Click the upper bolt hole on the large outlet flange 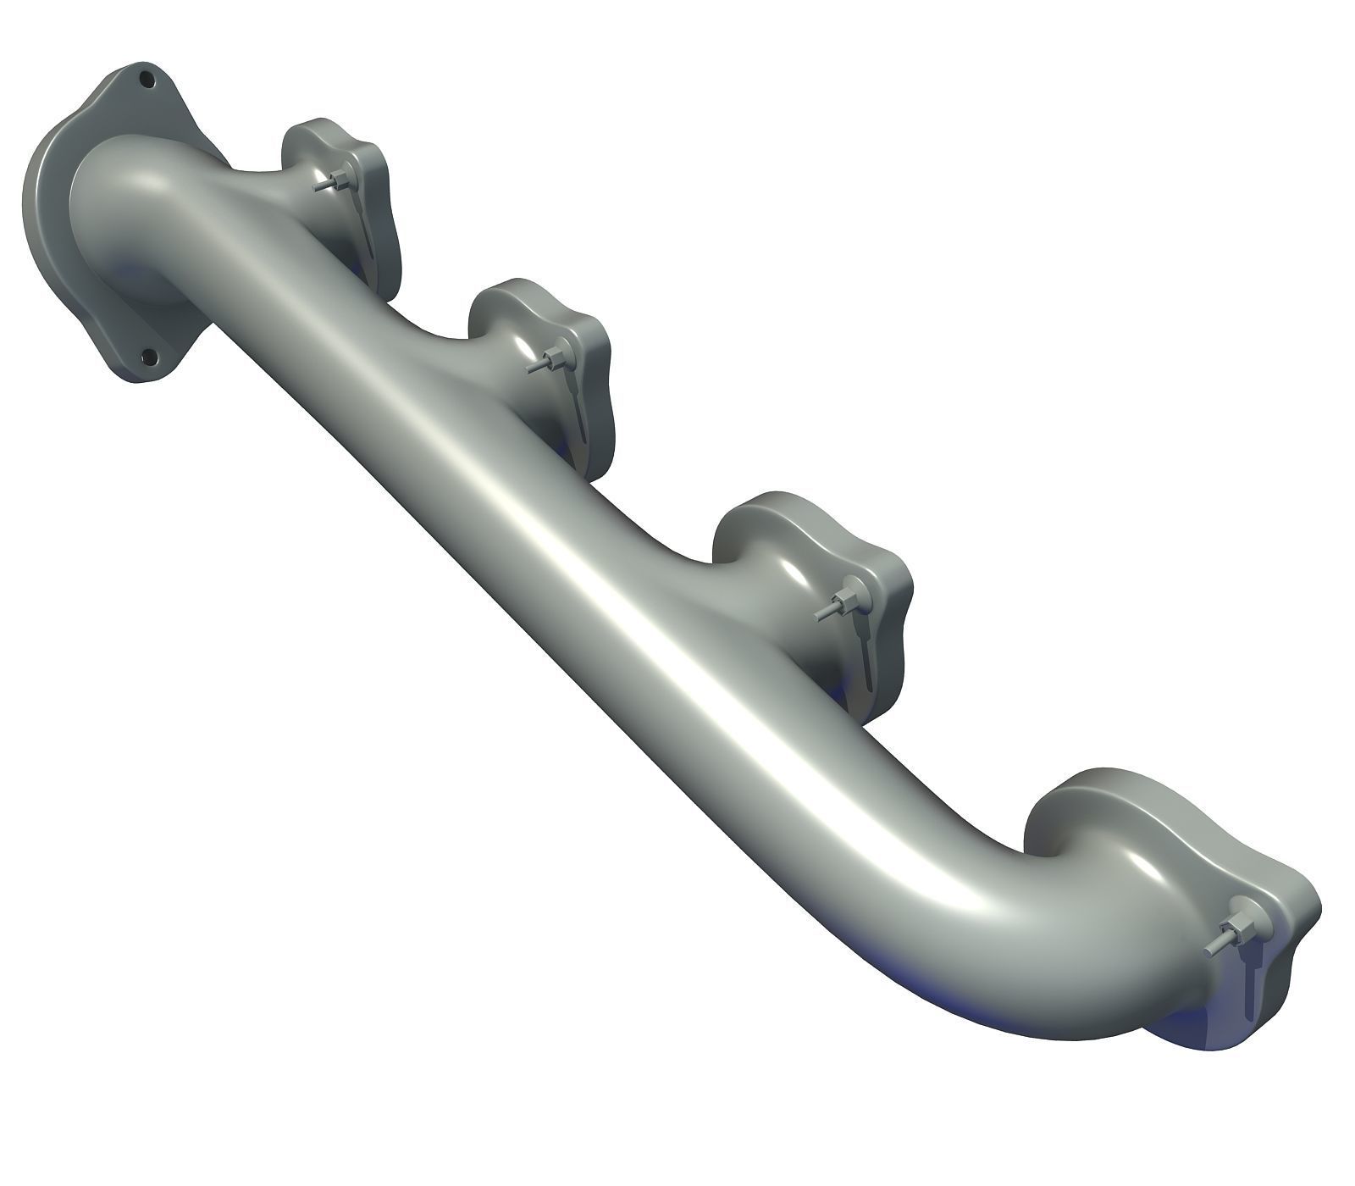click(147, 81)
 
